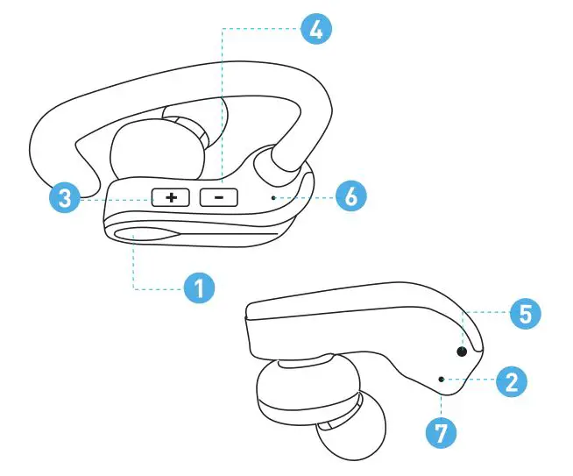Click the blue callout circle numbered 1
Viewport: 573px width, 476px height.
click(x=199, y=288)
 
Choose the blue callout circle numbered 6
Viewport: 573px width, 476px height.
click(x=350, y=197)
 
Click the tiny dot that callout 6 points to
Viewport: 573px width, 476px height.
click(x=274, y=198)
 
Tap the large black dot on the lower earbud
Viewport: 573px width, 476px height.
click(x=461, y=352)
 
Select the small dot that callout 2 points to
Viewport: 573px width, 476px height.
click(x=441, y=379)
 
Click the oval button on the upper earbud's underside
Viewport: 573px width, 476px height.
click(x=140, y=231)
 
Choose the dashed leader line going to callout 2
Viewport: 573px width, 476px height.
click(x=469, y=380)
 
